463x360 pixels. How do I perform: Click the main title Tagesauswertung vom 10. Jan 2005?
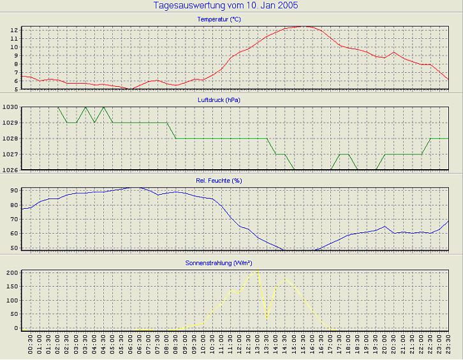(x=226, y=6)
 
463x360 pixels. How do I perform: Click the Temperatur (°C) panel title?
(x=219, y=20)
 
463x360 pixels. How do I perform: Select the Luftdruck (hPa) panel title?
(x=219, y=100)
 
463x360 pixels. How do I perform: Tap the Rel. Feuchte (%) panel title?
(x=219, y=181)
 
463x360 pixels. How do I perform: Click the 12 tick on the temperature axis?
(x=14, y=30)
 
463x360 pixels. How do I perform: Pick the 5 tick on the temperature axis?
(x=15, y=89)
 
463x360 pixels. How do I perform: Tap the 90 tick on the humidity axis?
(x=14, y=191)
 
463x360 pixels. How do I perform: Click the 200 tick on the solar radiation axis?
(x=11, y=273)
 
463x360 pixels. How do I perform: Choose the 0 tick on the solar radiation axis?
(x=16, y=328)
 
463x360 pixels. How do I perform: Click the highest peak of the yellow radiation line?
(x=257, y=269)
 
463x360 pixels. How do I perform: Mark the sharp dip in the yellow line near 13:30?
(x=267, y=317)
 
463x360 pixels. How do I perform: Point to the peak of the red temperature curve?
(x=305, y=26)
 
